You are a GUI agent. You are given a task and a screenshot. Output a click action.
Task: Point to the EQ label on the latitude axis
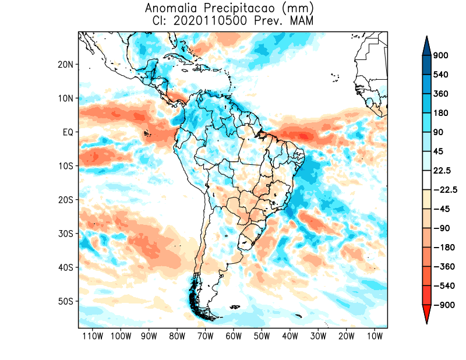[x=67, y=132]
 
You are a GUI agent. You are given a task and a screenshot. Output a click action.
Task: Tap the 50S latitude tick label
[x=65, y=301]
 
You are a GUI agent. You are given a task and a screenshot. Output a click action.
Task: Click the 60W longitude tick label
[x=234, y=336]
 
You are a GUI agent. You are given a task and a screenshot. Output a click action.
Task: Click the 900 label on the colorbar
[x=440, y=56]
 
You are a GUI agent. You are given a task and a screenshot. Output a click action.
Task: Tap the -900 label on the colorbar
[x=442, y=305]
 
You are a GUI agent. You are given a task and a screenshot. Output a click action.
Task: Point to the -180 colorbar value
[x=442, y=247]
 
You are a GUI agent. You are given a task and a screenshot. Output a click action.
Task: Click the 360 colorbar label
[x=440, y=94]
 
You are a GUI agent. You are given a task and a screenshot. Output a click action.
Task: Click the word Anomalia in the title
[x=170, y=9]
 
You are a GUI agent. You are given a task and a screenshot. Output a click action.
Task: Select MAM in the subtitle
[x=302, y=21]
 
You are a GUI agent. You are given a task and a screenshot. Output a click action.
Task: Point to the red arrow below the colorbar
[x=426, y=315]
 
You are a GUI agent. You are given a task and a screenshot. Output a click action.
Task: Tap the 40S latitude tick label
[x=65, y=267]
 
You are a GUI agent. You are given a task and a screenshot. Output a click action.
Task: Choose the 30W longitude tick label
[x=318, y=336]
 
